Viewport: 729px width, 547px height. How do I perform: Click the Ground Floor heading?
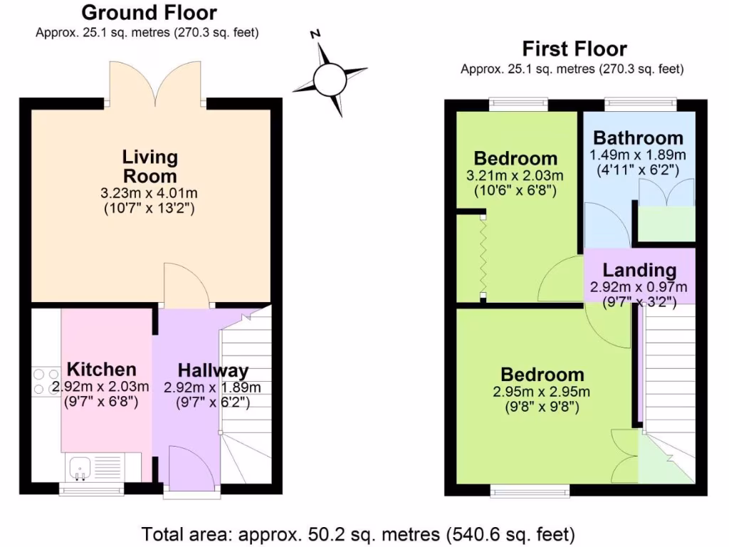click(149, 13)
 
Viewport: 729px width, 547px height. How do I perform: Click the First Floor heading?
click(575, 49)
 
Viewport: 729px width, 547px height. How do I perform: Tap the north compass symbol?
click(330, 78)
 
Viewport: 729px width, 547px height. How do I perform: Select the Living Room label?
click(150, 166)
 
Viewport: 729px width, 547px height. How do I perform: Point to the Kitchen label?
click(101, 370)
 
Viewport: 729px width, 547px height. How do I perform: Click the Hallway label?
click(213, 370)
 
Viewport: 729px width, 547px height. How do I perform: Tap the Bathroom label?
click(638, 137)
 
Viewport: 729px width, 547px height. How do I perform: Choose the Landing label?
click(639, 271)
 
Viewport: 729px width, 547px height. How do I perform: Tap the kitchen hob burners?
click(46, 380)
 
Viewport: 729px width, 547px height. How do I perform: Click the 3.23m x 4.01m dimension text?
click(150, 193)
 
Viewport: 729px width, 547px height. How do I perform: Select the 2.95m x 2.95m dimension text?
click(542, 392)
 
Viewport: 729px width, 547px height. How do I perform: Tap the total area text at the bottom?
click(358, 533)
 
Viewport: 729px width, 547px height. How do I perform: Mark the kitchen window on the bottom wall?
click(89, 489)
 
